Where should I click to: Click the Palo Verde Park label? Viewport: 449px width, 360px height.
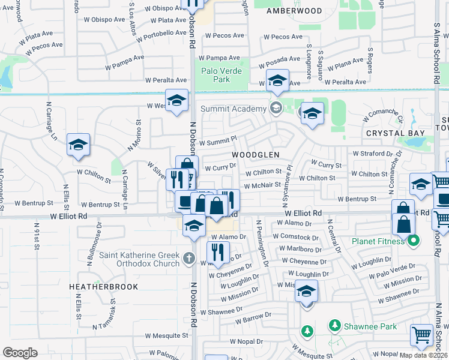pyautogui.click(x=221, y=75)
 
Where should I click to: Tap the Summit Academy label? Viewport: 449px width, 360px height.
pyautogui.click(x=233, y=109)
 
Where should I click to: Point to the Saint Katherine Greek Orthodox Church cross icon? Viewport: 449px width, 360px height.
pyautogui.click(x=189, y=258)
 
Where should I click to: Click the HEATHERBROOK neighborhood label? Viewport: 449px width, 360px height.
pyautogui.click(x=103, y=287)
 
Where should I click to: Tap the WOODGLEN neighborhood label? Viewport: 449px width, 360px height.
pyautogui.click(x=256, y=154)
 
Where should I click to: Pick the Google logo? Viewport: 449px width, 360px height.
pyautogui.click(x=20, y=352)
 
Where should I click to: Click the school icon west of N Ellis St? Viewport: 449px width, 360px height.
pyautogui.click(x=78, y=145)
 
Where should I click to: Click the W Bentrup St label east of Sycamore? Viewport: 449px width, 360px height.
pyautogui.click(x=357, y=199)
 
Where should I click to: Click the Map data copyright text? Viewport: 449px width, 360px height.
pyautogui.click(x=424, y=355)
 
